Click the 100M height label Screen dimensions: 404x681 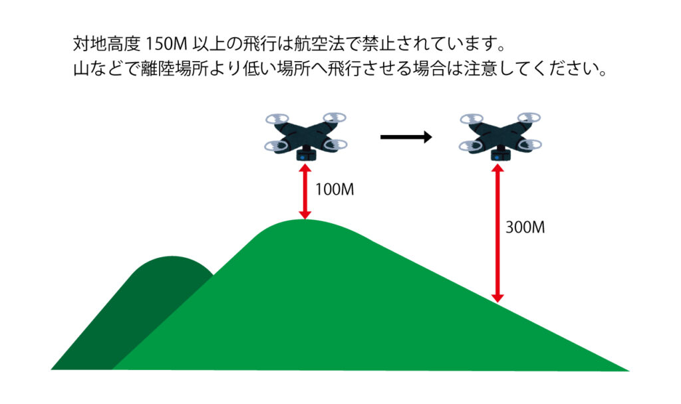(334, 189)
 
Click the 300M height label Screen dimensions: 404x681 (525, 227)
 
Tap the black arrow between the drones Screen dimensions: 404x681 (406, 138)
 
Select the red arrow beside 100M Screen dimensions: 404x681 (305, 192)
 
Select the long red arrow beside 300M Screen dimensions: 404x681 (495, 234)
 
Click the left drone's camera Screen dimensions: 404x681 (305, 154)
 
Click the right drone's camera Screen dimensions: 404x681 (498, 154)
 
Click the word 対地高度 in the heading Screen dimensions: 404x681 (105, 46)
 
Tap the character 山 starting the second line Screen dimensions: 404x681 (80, 69)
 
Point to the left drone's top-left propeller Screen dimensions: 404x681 (276, 120)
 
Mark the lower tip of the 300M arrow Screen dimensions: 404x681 (495, 300)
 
